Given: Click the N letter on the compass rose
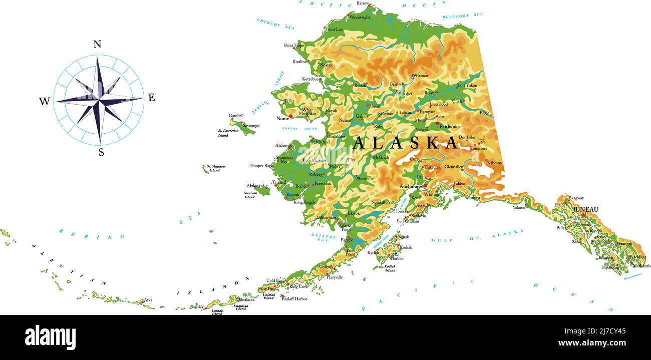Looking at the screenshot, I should pos(97,44).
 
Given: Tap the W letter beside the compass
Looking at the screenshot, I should pos(45,102).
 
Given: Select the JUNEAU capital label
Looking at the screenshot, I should pos(585,209).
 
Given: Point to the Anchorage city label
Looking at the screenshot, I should pos(411,187).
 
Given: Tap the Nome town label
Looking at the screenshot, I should pos(283,119).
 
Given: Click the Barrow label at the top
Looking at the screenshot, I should pos(363,4).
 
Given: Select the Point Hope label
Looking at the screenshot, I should pos(294,46).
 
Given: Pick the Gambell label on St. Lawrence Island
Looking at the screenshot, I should pos(236,116).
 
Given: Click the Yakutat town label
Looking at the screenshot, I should pos(519,207).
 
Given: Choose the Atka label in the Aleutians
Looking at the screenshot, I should pos(148,300).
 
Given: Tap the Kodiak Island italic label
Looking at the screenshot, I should pos(390,268).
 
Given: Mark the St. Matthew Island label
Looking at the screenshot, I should pos(216,168).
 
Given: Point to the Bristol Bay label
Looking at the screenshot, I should pos(323,237).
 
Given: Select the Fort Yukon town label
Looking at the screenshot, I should pos(468,86).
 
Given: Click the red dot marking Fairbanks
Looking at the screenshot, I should pos(437,123).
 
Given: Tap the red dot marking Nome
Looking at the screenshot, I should pos(290,116).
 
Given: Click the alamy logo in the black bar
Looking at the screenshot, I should pos(50,337).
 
